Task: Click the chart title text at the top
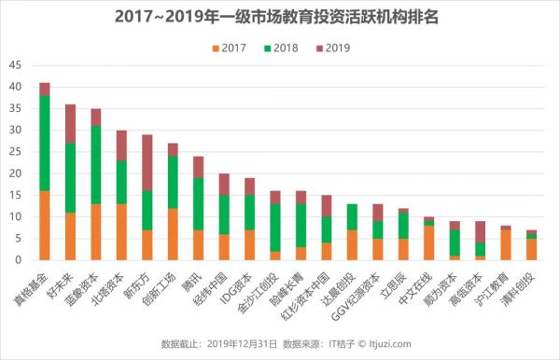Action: (280, 16)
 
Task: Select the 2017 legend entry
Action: (229, 47)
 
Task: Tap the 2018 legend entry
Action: (287, 47)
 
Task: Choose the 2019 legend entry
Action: (344, 47)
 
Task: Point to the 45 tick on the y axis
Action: (14, 64)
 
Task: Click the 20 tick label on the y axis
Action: (14, 173)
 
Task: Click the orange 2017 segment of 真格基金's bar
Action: (45, 226)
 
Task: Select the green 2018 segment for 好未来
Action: (70, 178)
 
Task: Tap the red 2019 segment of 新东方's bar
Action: (147, 162)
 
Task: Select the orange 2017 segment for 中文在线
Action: (428, 243)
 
